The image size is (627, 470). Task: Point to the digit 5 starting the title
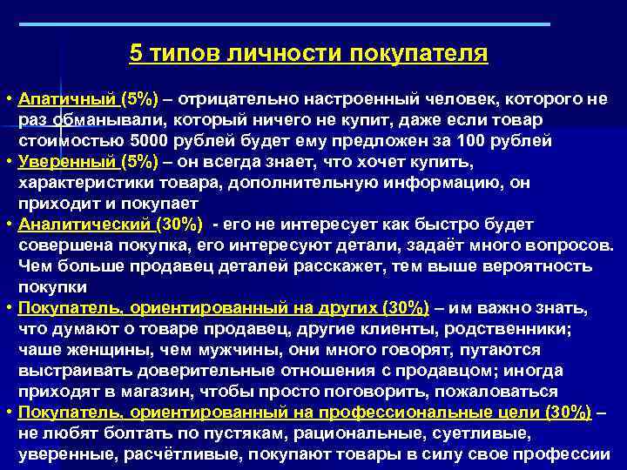pyautogui.click(x=135, y=53)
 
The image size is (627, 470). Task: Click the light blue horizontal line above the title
pyautogui.click(x=313, y=24)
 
